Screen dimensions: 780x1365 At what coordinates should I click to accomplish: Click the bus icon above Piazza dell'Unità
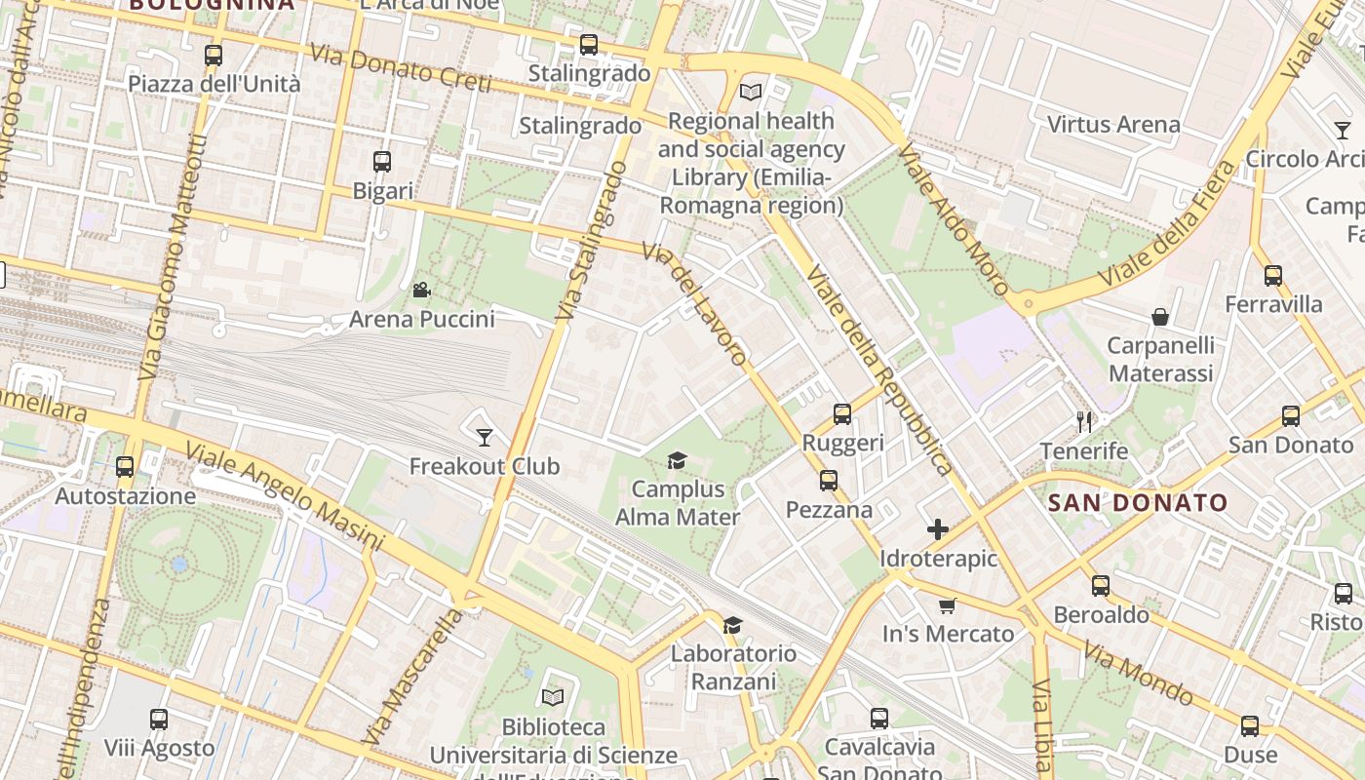214,56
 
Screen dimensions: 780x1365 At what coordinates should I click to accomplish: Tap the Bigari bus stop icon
382,162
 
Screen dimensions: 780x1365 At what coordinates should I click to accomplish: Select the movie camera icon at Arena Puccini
421,290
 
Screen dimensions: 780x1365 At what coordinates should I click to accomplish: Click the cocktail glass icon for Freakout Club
484,437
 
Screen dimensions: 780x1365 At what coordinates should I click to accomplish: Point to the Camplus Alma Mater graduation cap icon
677,459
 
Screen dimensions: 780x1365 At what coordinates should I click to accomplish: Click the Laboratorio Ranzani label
732,667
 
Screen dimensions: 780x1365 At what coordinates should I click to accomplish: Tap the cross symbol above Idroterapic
938,529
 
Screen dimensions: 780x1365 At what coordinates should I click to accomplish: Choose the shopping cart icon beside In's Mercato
947,605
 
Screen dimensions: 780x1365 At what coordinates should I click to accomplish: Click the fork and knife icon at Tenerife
1083,421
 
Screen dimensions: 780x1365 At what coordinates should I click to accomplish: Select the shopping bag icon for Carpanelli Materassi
1160,316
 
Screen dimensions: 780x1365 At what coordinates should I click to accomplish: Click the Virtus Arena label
1112,125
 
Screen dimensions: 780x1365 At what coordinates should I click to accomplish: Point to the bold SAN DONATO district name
1137,503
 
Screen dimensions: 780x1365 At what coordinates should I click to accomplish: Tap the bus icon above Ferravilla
1272,275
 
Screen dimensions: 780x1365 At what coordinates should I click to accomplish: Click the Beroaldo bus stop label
1101,615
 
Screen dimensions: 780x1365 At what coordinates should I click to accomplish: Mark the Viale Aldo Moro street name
953,218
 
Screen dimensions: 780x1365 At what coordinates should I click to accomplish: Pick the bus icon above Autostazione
125,466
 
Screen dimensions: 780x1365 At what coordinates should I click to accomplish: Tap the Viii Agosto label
159,749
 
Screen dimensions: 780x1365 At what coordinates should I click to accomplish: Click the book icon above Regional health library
750,92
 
